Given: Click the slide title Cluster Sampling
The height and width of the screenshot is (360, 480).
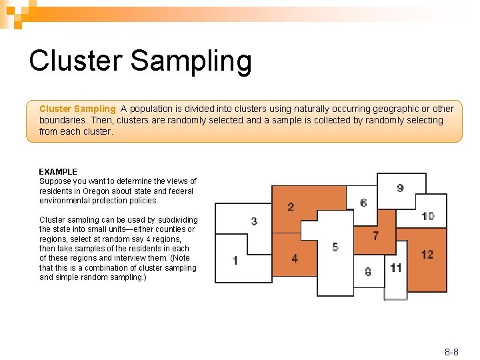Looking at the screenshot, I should pos(141,61).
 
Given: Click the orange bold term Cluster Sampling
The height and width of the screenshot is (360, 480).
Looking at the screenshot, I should pos(77,109).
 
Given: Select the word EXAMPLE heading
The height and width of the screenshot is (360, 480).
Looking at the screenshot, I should pos(58,171).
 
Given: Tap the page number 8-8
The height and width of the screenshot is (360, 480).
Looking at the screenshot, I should pos(451,351).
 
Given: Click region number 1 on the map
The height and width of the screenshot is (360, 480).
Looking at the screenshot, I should pos(235,260).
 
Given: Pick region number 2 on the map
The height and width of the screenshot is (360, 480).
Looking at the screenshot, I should pos(291,207).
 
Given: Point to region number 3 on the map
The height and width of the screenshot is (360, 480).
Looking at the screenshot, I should pos(254,221).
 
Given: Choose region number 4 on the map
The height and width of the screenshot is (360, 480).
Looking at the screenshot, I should pos(295,258).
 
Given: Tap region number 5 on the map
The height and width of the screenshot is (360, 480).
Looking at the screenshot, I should pos(335,247).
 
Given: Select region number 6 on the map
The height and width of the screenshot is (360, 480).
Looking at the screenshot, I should pos(363,203).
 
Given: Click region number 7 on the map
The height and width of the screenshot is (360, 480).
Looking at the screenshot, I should pos(375,235).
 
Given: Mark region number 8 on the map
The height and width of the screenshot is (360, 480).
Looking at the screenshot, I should pos(368,271).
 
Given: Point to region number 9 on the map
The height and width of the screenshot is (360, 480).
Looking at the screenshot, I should pos(400,188).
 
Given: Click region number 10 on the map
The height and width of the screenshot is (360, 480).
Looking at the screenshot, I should pos(428,216).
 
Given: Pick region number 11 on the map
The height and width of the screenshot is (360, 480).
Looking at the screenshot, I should pos(396,268).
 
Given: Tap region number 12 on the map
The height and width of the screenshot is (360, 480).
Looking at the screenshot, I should pos(427,254).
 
